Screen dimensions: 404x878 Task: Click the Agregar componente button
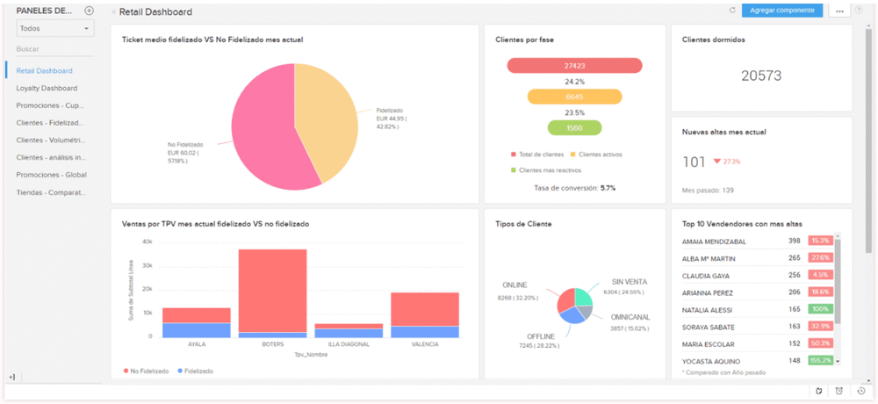coord(782,11)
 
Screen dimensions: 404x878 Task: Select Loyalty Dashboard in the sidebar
coord(47,88)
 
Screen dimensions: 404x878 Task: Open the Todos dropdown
coord(54,29)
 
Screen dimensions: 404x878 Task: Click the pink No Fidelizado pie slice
coord(263,132)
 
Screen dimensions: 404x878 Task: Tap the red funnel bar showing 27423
coord(574,66)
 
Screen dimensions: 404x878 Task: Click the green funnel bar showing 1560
coord(574,128)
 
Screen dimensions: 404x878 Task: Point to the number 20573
coord(760,76)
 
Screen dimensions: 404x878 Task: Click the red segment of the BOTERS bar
coord(273,290)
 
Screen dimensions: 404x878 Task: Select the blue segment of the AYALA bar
coord(196,330)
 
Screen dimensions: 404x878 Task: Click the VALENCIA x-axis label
coord(424,344)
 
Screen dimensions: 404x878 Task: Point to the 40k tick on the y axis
coord(147,242)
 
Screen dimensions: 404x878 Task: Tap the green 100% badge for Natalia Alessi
coord(820,310)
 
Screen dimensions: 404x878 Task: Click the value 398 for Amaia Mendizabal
coord(794,241)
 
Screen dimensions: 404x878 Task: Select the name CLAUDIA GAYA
coord(707,275)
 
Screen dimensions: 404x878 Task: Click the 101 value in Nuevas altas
coord(694,162)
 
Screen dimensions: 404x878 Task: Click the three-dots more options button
coord(840,11)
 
